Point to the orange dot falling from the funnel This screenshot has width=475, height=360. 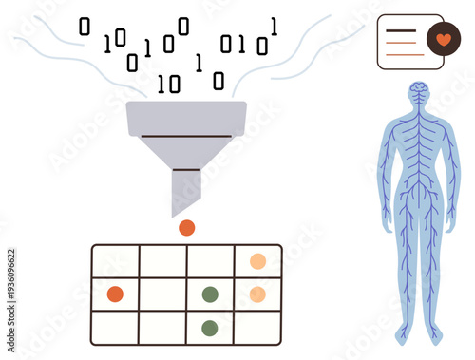pyautogui.click(x=187, y=227)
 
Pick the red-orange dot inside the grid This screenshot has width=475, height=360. pyautogui.click(x=115, y=294)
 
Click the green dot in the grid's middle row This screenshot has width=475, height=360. pyautogui.click(x=210, y=294)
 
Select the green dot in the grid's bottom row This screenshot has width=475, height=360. pyautogui.click(x=210, y=328)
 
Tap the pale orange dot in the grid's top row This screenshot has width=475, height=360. pyautogui.click(x=257, y=261)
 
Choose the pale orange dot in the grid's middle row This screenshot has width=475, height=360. pyautogui.click(x=257, y=294)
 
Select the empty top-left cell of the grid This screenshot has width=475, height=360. pyautogui.click(x=115, y=261)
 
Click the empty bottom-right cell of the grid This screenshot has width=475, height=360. pyautogui.click(x=257, y=328)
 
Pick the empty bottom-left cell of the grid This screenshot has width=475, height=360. pyautogui.click(x=115, y=328)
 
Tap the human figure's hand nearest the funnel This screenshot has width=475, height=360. pyautogui.click(x=388, y=225)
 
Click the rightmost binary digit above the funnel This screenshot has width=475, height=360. pyautogui.click(x=274, y=27)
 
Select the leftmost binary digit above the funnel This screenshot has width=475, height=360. pyautogui.click(x=84, y=28)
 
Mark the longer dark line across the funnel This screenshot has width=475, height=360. pyautogui.click(x=186, y=136)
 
